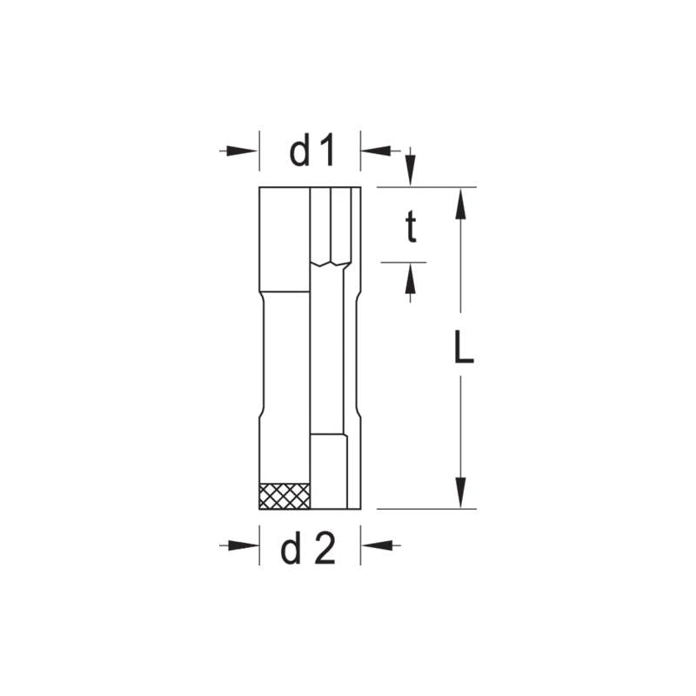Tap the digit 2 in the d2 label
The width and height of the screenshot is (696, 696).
324,550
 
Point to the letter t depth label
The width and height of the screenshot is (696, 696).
411,228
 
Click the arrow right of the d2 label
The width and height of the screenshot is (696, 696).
380,545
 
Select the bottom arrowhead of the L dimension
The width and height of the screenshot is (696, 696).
462,492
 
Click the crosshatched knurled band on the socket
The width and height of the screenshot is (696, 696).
284,495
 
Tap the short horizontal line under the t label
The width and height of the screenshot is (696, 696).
404,261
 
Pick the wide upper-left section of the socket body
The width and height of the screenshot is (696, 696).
284,239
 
